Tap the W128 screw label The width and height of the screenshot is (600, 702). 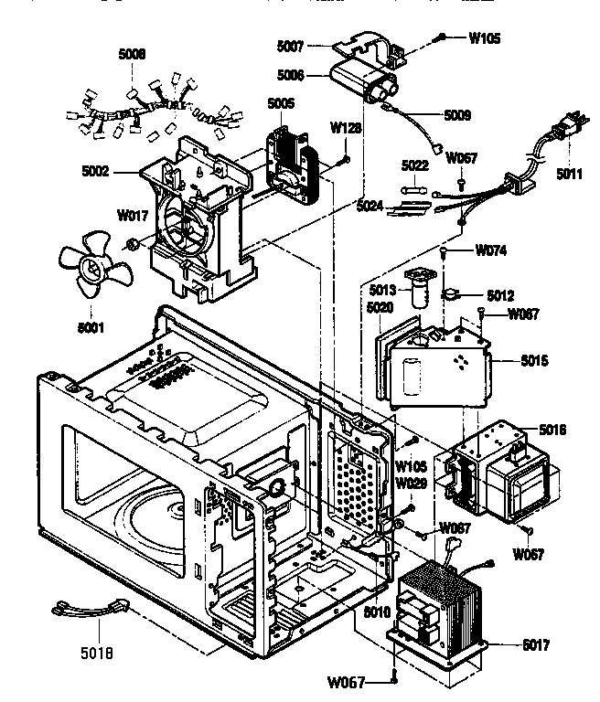pyautogui.click(x=344, y=129)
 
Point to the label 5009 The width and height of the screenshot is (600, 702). pyautogui.click(x=457, y=115)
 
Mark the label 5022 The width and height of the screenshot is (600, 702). pyautogui.click(x=415, y=165)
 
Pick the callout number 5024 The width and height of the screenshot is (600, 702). pyautogui.click(x=370, y=207)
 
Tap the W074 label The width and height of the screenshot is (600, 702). pyautogui.click(x=491, y=250)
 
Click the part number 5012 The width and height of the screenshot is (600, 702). pyautogui.click(x=500, y=295)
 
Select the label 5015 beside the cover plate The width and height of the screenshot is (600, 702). pyautogui.click(x=530, y=361)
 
